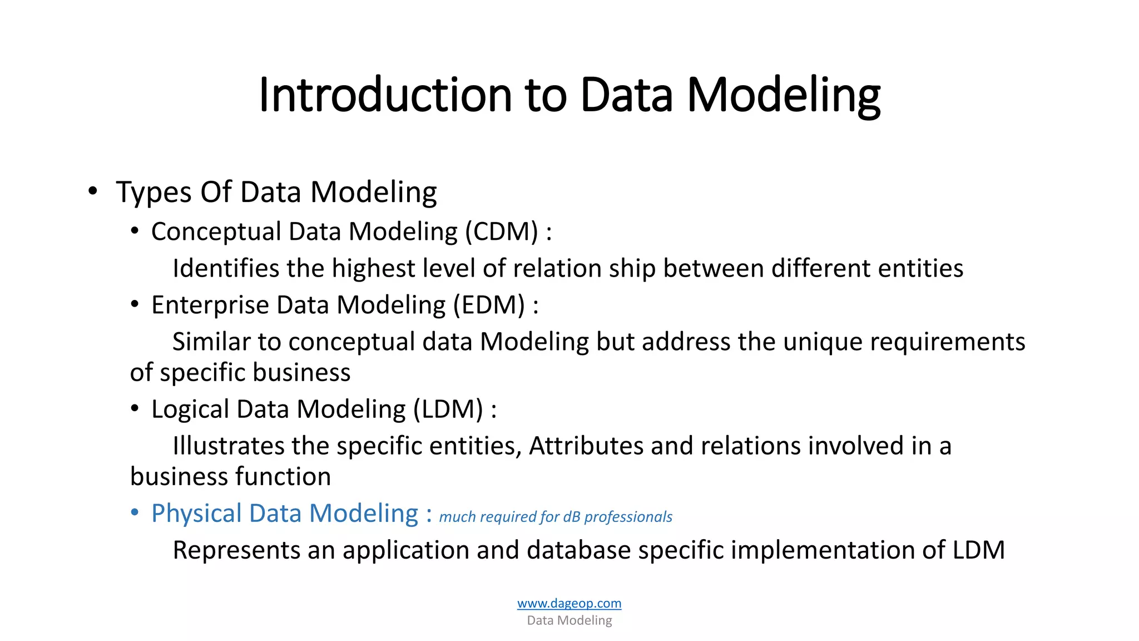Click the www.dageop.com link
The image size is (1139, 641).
coord(569,603)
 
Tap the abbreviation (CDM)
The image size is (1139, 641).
coord(502,231)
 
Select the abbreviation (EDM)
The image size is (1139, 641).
coord(489,305)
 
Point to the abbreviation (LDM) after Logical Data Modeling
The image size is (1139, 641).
coord(448,409)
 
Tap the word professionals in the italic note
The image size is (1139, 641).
coord(628,517)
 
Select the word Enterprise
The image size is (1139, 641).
coord(210,305)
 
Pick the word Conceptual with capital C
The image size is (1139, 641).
coord(216,231)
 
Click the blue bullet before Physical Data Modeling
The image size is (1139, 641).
coord(135,513)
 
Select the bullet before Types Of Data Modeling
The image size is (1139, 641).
coord(93,191)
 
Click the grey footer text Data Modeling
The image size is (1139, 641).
coord(569,620)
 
